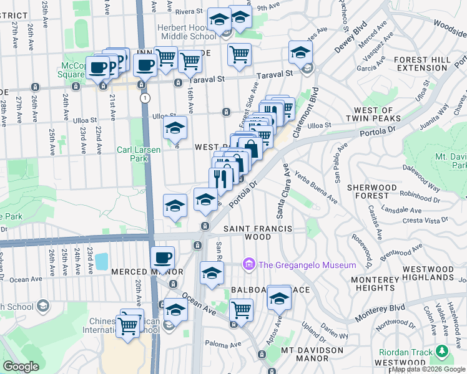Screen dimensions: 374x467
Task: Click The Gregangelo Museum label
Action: (x=307, y=265)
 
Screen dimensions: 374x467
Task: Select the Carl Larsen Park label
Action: (x=139, y=154)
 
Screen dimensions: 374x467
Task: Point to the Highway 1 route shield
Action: (x=145, y=98)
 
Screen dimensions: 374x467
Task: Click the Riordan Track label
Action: (x=406, y=353)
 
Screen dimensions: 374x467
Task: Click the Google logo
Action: (x=21, y=367)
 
